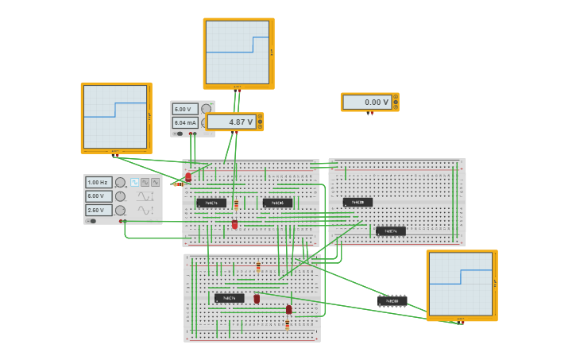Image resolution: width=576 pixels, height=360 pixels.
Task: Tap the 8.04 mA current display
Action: coord(185,122)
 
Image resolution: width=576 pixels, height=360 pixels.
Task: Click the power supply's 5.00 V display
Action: coord(185,109)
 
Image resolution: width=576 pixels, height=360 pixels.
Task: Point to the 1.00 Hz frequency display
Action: coord(99,183)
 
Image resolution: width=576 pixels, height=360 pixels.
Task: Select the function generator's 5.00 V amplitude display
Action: coord(99,196)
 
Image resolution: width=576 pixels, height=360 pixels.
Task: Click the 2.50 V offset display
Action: coord(99,210)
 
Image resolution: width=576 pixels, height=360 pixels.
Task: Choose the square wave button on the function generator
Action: coord(134,183)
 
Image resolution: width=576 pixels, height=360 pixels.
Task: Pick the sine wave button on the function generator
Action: coord(155,183)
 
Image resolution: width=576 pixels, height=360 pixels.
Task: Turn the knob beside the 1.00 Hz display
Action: coord(120,183)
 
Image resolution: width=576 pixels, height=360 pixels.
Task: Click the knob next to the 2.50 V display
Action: coord(120,210)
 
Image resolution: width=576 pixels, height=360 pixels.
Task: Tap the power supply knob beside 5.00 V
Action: coord(206,109)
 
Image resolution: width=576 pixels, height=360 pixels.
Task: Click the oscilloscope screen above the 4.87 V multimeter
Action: coord(238,52)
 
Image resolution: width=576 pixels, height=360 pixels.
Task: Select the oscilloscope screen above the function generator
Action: coord(115,116)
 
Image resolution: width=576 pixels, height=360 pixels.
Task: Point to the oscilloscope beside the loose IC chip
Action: coord(461,284)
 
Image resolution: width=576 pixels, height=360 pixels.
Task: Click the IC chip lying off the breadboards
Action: coord(392,301)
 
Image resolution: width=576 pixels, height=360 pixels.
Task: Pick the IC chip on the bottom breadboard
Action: coord(229,298)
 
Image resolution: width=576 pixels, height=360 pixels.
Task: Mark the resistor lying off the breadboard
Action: coord(179,184)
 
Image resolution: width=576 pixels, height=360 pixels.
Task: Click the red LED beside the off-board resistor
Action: coord(188,177)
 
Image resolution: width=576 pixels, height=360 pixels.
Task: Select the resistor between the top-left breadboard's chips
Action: coord(236,204)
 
